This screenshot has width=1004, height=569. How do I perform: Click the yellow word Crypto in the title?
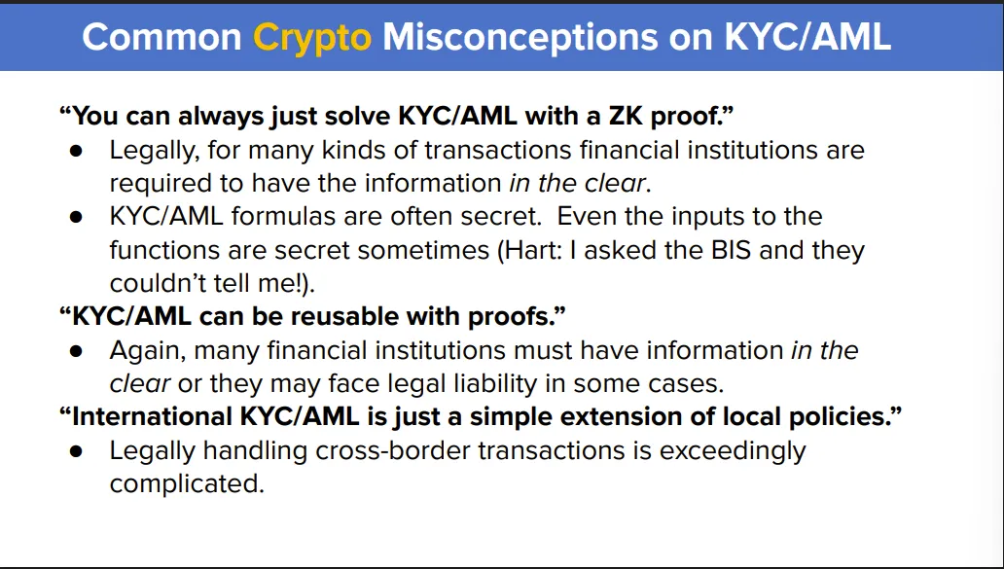click(x=312, y=38)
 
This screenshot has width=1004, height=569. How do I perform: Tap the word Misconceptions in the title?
click(x=520, y=38)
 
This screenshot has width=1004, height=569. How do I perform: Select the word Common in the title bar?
click(x=162, y=37)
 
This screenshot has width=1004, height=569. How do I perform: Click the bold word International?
click(x=151, y=416)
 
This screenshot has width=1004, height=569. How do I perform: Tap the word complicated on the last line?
click(x=187, y=483)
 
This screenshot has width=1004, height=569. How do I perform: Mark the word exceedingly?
click(x=733, y=450)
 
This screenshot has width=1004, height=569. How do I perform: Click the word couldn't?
click(x=162, y=283)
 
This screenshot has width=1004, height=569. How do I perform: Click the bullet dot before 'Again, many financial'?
click(x=77, y=351)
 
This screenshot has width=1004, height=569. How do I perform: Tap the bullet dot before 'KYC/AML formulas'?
click(x=77, y=217)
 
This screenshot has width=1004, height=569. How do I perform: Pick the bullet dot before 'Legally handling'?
click(x=77, y=451)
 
